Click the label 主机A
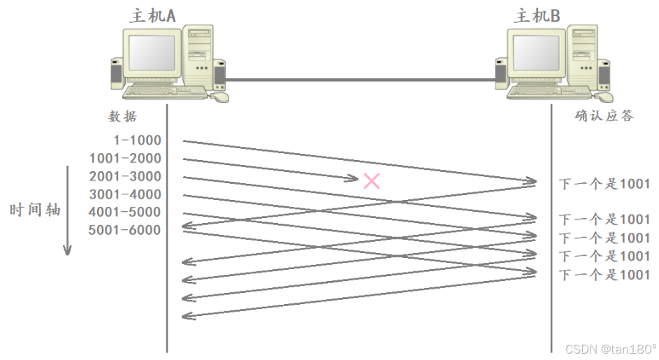[152, 15]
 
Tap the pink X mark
[372, 181]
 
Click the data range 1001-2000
[125, 158]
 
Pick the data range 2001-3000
[125, 176]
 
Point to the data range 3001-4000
[125, 194]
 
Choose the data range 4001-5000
[125, 212]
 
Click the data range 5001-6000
[125, 230]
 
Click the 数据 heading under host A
[122, 116]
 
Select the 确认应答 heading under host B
[604, 116]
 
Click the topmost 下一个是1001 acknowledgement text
[604, 184]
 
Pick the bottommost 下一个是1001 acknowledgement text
[604, 275]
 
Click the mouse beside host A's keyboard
[219, 96]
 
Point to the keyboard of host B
[547, 92]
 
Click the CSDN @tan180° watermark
[610, 349]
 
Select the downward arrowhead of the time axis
[68, 250]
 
